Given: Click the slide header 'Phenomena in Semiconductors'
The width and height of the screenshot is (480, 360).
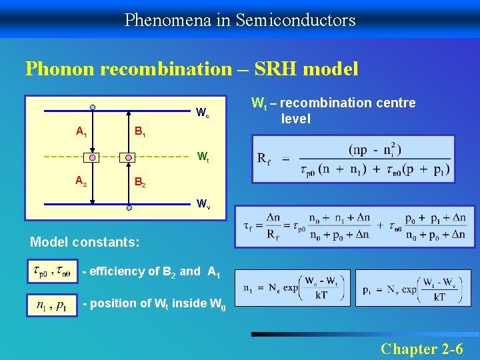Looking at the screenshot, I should click(x=240, y=20).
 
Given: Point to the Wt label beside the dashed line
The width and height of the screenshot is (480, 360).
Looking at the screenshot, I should click(x=202, y=158).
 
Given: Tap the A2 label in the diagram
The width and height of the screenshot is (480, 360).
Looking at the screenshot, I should click(x=81, y=180).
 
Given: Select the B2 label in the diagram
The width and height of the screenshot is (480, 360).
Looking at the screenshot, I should click(x=140, y=181).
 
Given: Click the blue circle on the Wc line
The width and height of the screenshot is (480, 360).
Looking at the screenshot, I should click(x=93, y=107).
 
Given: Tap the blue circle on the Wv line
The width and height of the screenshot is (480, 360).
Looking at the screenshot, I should click(x=129, y=207).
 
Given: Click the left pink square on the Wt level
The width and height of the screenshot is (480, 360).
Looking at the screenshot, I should click(x=93, y=157).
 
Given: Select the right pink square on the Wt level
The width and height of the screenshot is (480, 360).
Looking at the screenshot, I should click(x=129, y=157).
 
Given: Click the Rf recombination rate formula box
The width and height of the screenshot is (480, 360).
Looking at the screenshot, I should click(x=353, y=159).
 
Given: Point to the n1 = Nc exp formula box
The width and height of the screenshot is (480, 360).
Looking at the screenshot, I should click(x=292, y=289).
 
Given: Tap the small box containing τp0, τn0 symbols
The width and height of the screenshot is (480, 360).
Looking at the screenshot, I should click(x=52, y=271).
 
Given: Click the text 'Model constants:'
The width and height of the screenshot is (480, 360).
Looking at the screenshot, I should click(x=85, y=243).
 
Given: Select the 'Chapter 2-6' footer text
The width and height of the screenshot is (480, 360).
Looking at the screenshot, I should click(x=421, y=348).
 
